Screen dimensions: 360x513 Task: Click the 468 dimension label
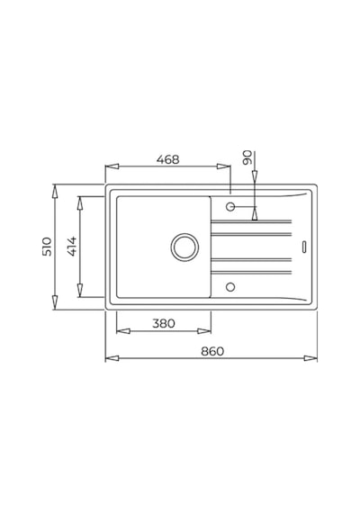168,159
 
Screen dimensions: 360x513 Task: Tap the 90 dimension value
248,157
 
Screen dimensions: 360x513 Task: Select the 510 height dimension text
47,247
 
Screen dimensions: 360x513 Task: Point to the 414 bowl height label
72,246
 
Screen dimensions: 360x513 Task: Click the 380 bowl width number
164,324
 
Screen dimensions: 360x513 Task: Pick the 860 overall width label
212,351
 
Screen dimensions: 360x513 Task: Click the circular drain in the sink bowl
184,247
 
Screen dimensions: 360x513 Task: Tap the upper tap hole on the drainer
230,207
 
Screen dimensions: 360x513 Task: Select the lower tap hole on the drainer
230,287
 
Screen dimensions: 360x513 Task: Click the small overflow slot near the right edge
304,247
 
